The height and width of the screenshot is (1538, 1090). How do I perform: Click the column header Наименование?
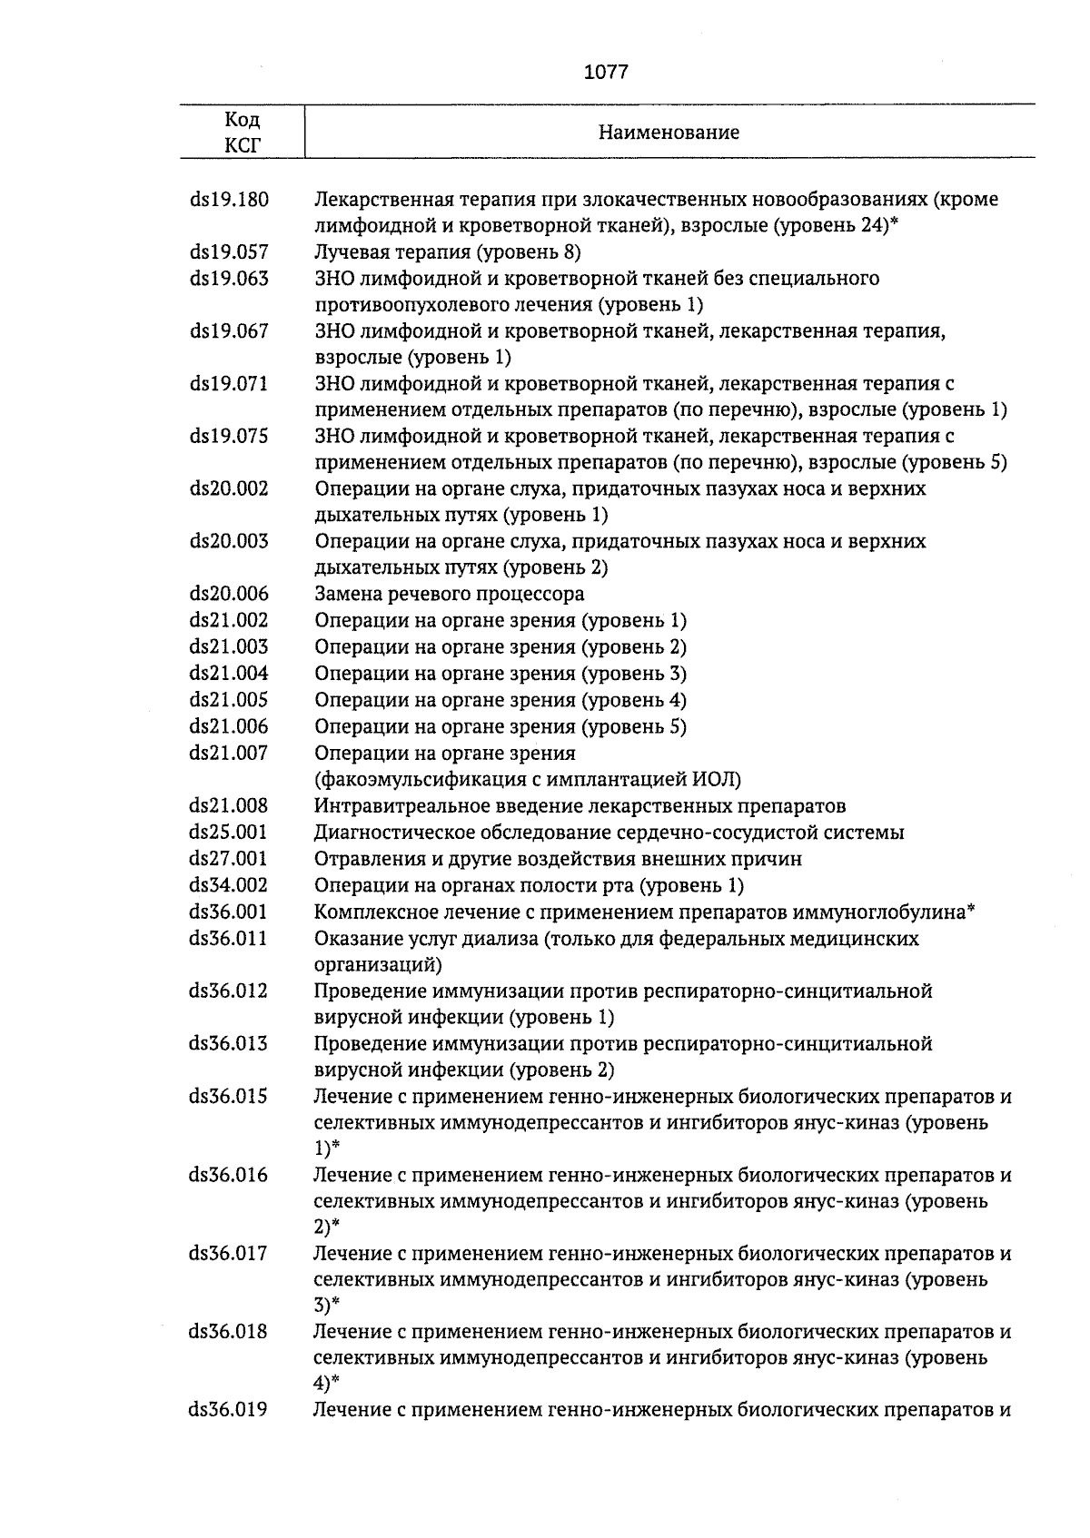(669, 133)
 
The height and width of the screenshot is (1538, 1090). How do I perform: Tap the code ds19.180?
(229, 200)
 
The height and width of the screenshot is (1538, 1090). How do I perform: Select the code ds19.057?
(229, 252)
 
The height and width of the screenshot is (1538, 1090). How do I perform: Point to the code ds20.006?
(229, 595)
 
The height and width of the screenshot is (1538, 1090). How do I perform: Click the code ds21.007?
(229, 753)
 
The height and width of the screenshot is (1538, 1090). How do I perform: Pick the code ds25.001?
(229, 833)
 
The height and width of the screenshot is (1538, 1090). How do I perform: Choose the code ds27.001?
(229, 859)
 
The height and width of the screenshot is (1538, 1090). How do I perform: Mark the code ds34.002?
(229, 885)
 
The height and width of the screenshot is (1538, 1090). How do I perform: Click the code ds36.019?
(229, 1411)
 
